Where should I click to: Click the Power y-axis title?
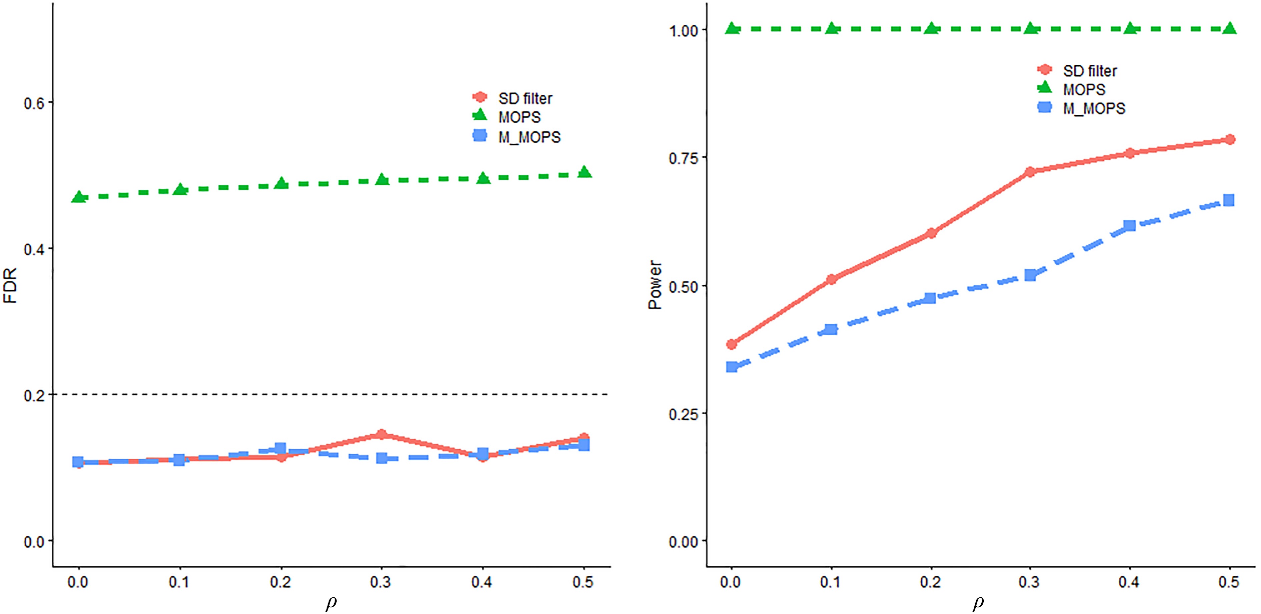(x=655, y=285)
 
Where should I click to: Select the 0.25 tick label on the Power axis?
(x=683, y=414)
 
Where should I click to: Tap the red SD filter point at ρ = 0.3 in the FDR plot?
(x=381, y=435)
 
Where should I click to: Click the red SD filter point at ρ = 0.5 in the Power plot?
(x=1230, y=139)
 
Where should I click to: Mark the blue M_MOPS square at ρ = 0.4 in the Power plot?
(x=1129, y=225)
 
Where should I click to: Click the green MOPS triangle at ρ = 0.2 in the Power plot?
(x=931, y=28)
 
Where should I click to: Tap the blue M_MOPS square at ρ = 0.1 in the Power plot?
(x=831, y=329)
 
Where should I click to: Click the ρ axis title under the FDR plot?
(x=331, y=603)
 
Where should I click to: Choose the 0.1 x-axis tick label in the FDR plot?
(x=179, y=582)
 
